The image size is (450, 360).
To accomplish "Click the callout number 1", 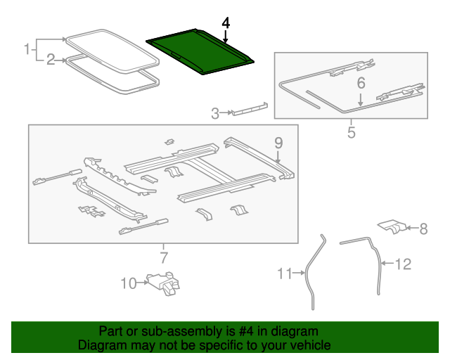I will [x=27, y=49].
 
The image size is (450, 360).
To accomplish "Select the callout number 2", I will [x=51, y=60].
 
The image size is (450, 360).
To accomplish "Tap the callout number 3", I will [x=215, y=112].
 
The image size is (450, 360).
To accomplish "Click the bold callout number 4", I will [x=225, y=23].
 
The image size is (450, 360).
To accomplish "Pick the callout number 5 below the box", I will [x=351, y=131].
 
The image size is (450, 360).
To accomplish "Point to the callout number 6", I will [x=361, y=83].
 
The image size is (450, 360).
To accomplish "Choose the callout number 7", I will [x=163, y=257].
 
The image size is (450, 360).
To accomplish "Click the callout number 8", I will [x=423, y=228].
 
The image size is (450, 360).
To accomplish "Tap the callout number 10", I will [x=128, y=283].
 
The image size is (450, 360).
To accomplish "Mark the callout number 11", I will [x=283, y=274].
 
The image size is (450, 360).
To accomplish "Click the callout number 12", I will [x=402, y=264].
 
